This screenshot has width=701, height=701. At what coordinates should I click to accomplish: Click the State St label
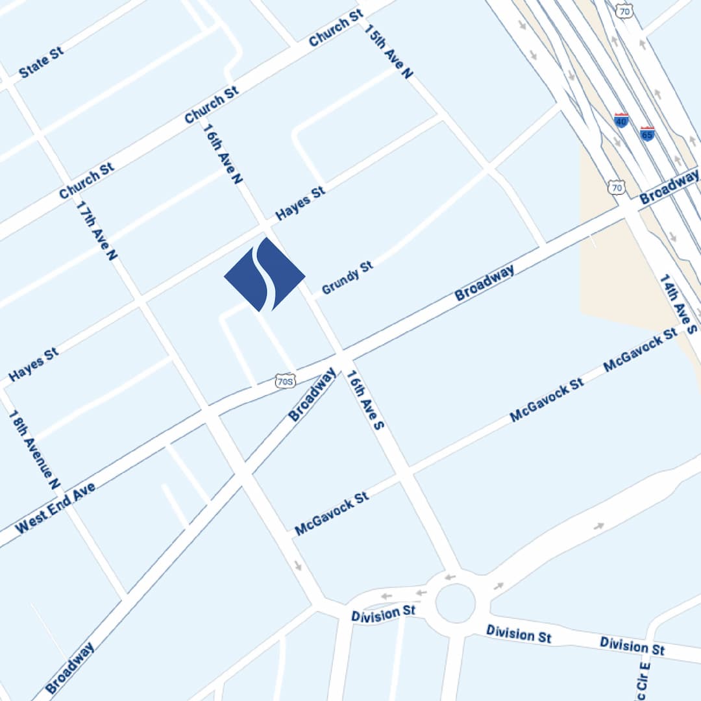(42, 62)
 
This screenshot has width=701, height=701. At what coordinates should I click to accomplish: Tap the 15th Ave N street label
(389, 52)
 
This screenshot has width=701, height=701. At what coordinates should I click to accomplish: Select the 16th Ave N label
(222, 153)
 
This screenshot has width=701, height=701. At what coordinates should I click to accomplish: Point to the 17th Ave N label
(97, 230)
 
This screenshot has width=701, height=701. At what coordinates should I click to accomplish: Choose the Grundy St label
(348, 278)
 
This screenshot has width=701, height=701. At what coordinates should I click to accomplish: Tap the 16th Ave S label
(365, 400)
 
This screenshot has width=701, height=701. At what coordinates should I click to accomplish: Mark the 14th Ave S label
(678, 304)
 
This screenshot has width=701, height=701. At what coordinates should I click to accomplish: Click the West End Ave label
(55, 508)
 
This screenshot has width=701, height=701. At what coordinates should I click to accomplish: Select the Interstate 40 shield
(621, 120)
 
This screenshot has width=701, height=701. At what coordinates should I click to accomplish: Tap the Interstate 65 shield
(646, 134)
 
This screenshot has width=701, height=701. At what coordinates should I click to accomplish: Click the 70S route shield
(285, 381)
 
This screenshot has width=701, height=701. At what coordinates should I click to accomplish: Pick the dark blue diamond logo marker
(265, 275)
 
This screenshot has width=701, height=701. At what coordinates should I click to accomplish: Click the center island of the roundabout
(455, 602)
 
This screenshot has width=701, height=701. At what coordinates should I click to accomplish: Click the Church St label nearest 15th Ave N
(336, 29)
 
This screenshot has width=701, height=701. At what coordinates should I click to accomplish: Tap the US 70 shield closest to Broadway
(617, 188)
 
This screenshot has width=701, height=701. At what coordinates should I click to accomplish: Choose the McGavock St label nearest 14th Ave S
(640, 350)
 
